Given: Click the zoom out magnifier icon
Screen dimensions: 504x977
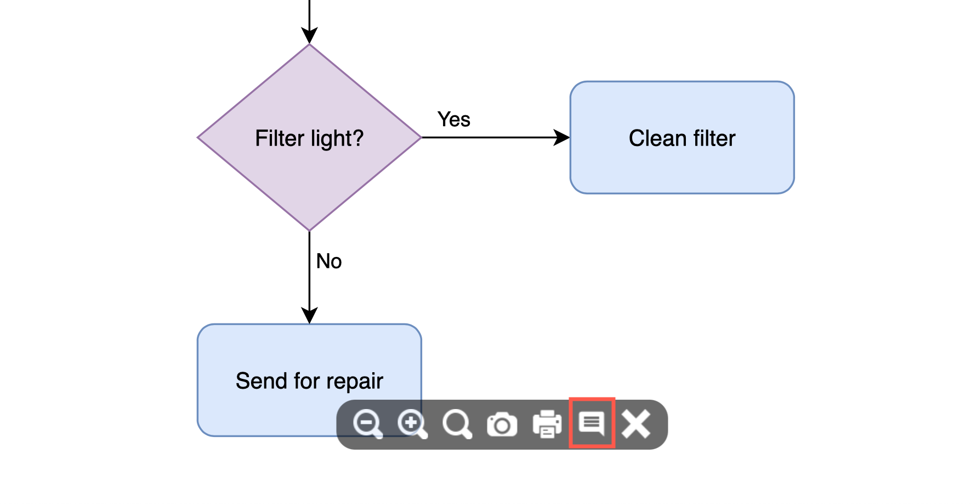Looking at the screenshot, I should [x=367, y=424].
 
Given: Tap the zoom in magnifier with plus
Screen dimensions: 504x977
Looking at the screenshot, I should [x=412, y=424].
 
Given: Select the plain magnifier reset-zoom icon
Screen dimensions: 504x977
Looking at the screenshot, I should [x=457, y=424].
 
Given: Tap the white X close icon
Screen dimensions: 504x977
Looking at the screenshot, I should [x=636, y=424].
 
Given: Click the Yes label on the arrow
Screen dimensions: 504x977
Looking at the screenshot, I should [x=453, y=119].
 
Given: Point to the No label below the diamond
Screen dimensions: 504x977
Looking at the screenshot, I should [x=329, y=261].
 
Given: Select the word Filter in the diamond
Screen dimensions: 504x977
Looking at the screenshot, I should [x=280, y=138].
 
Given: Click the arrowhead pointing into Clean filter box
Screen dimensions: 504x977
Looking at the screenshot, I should [x=562, y=137].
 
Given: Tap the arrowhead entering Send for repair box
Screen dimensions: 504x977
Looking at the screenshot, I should [x=309, y=316].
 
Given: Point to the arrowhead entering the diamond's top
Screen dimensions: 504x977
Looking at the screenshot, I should [x=309, y=36].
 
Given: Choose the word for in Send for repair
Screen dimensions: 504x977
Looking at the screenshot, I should [x=307, y=381].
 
